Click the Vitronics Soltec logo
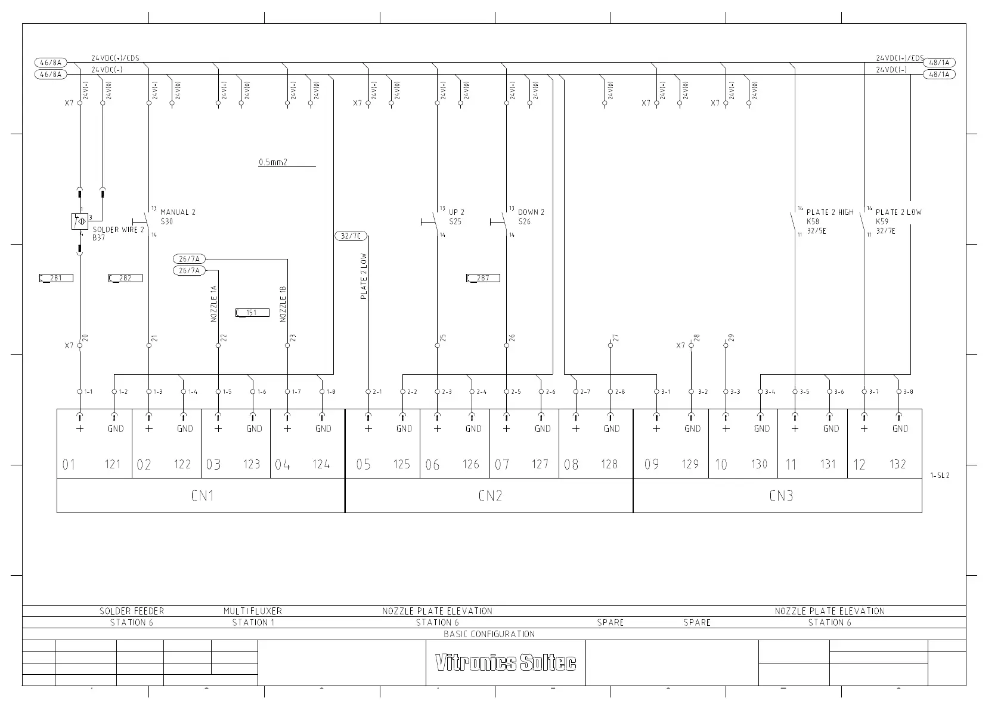coord(506,663)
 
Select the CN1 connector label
coord(203,496)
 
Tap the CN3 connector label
coord(780,496)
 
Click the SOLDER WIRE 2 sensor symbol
coord(79,221)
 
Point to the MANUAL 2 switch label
coord(178,212)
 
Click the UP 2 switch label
coord(457,212)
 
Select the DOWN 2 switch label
coord(531,212)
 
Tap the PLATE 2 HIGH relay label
coord(829,212)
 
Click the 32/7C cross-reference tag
coord(351,236)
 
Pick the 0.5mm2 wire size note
coord(273,162)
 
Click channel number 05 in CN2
coord(363,464)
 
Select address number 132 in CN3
coord(897,464)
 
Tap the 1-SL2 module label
coord(940,476)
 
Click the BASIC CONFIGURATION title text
coord(489,634)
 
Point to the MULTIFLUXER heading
coord(253,611)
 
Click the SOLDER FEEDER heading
coord(131,611)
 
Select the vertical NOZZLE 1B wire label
coord(283,304)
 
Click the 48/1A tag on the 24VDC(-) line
coord(939,75)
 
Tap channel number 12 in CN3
coord(859,464)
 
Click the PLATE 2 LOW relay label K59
coord(882,221)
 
